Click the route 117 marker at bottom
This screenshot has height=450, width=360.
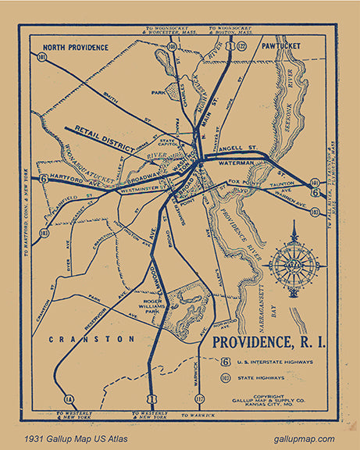(199, 399)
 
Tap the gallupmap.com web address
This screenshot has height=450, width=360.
(304, 439)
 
